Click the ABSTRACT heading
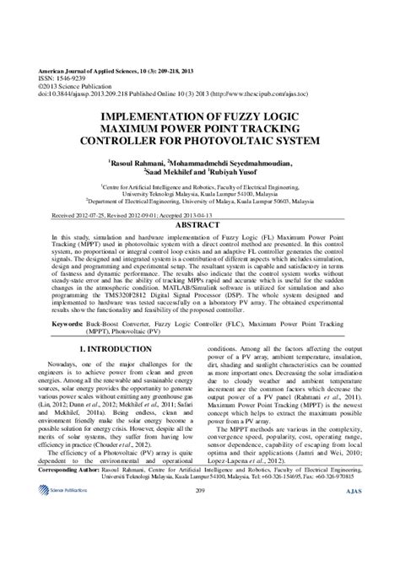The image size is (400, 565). coord(200,226)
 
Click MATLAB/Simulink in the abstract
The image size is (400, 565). coord(151,289)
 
